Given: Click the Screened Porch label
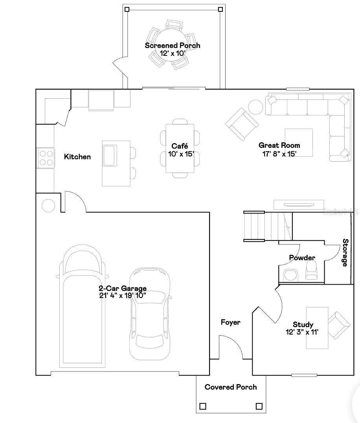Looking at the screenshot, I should pos(172,46).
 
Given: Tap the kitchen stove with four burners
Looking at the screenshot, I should pos(46,158).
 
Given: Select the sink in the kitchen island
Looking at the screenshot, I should pos(110,155).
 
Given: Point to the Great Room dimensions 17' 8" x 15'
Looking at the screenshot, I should pos(279,154).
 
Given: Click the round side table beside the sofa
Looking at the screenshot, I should pos(255,107).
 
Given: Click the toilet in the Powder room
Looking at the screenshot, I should pos(311,271).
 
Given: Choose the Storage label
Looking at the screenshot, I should pos(345,253).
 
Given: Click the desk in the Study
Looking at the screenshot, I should pos(317,327).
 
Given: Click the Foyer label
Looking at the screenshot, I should pos(230,322).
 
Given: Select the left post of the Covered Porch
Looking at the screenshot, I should pos(203,406).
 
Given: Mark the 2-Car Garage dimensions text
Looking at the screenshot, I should pos(123,296).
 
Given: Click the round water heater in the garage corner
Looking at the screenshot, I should pos(48,206).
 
